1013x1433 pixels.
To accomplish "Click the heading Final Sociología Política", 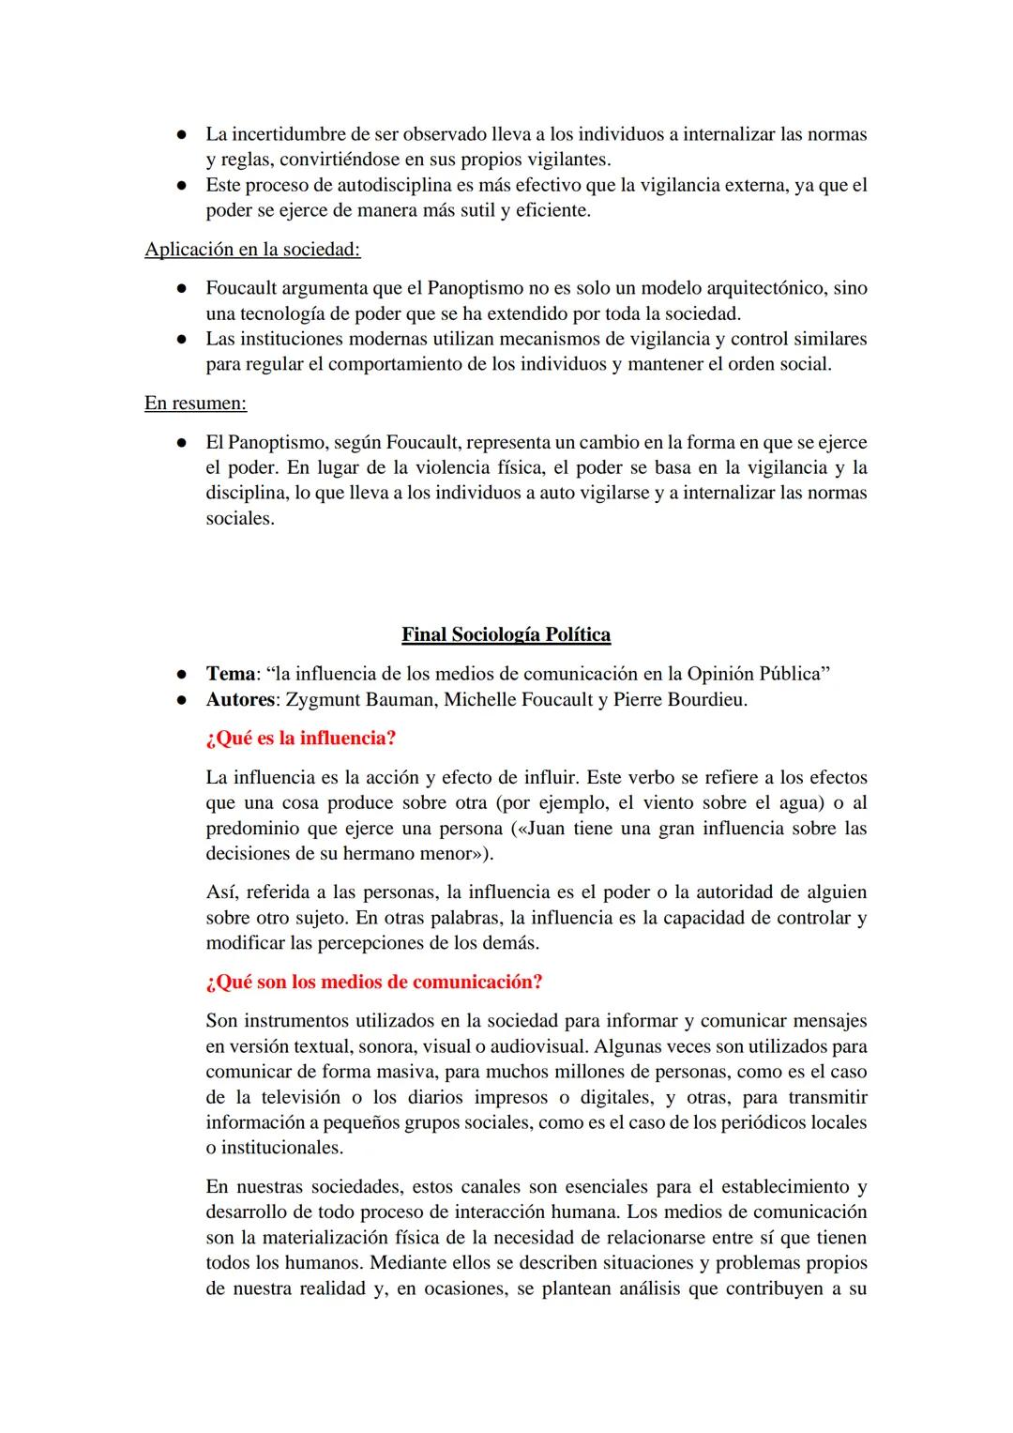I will click(506, 635).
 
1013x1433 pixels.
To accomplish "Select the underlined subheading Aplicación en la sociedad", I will click(252, 250).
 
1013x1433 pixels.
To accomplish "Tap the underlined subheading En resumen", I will click(195, 404).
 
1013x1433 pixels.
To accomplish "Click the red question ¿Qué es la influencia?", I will click(300, 739).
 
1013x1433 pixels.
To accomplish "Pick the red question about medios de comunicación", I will click(373, 983).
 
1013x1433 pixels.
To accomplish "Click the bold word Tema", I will click(231, 674).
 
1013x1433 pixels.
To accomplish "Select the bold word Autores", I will click(240, 700).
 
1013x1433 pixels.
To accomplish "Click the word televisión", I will click(300, 1097).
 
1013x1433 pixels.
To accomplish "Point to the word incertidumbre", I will click(291, 134).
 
